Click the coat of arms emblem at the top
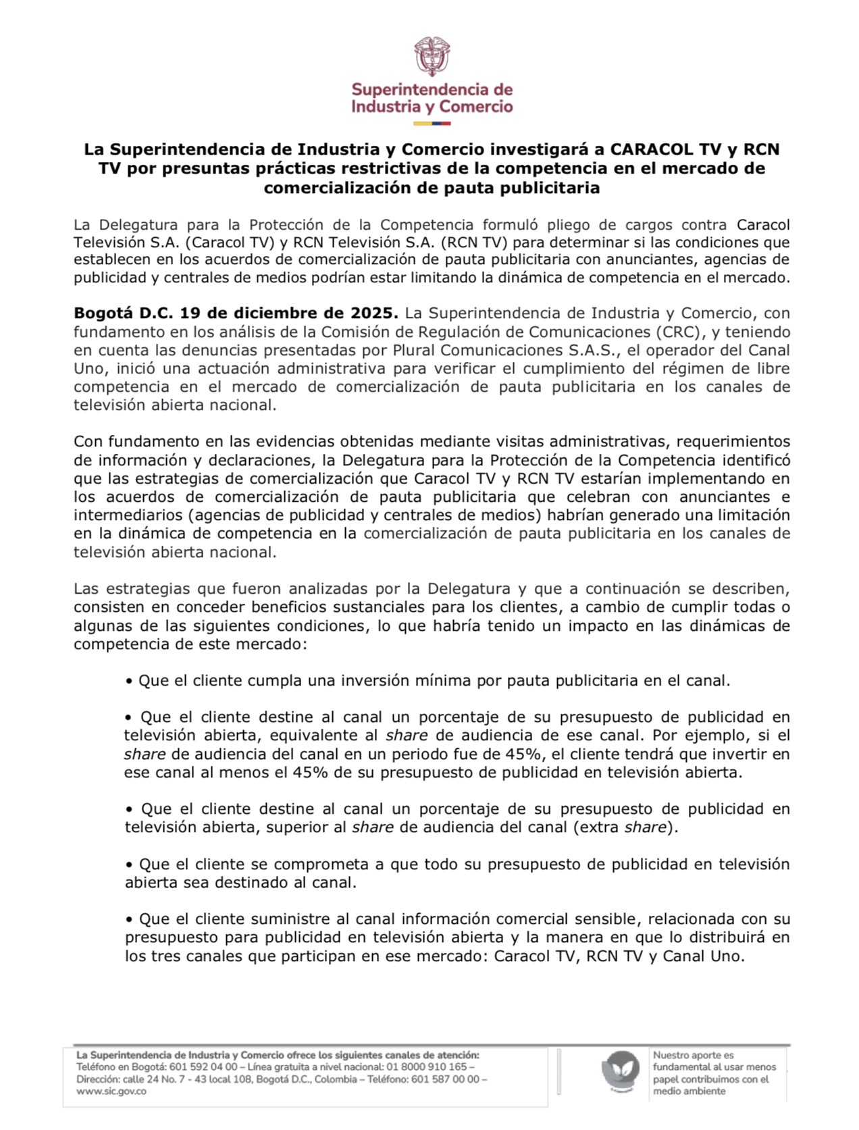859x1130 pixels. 432,57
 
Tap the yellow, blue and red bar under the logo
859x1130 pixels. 432,124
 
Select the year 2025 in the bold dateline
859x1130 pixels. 373,313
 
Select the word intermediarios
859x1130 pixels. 127,515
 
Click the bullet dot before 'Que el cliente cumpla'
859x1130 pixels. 129,681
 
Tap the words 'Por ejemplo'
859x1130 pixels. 702,736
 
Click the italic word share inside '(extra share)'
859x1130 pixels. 645,827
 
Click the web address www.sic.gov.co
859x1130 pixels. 111,1092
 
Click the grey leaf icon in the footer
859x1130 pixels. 620,1070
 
